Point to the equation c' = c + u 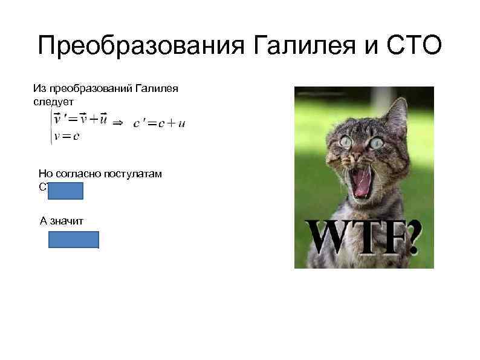159,123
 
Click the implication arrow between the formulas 118,123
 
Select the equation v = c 66,136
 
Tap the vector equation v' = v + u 80,119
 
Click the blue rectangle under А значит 74,240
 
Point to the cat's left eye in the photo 346,141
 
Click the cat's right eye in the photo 377,143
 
